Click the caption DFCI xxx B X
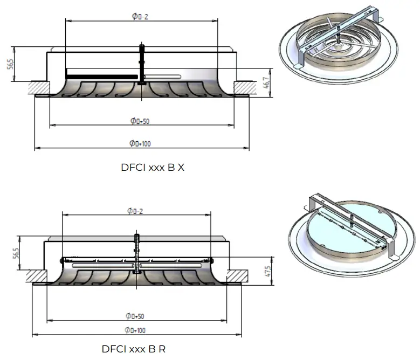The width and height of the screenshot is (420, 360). pos(153,168)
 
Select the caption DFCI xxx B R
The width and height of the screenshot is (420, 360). pos(134,349)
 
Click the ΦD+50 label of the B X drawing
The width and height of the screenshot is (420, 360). pos(140,121)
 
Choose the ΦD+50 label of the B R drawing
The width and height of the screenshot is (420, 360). pos(135,315)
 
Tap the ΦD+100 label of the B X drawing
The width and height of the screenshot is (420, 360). pos(140,143)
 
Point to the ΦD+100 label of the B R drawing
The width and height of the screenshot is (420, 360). pos(136,330)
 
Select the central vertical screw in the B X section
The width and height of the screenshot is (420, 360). pos(142,65)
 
